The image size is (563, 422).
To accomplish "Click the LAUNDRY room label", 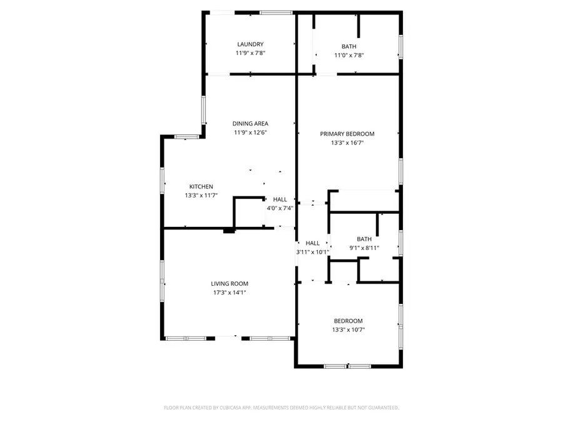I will pos(250,44).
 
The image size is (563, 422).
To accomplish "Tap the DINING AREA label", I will pos(250,124).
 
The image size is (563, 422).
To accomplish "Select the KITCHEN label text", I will pos(201,187).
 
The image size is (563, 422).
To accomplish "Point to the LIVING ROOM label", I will pos(228,284).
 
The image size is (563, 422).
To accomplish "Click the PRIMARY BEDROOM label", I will pos(347,134).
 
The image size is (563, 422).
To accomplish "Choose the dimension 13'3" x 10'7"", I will pos(348,330).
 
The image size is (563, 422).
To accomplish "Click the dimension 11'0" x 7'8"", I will pos(348,55).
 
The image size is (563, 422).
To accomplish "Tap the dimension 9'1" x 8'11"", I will pos(363,248).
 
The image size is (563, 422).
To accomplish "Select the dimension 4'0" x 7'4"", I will pos(280,208).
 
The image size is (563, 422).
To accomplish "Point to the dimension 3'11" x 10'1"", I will pos(312,252).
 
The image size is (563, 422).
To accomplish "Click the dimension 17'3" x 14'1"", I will pos(228,293).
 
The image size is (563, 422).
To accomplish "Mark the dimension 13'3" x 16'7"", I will pos(347,143).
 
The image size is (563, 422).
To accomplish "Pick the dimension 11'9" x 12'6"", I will pos(250,133).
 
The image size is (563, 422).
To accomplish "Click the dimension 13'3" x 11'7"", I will pos(201,196).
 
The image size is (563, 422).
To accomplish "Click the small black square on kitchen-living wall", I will pos(229,231).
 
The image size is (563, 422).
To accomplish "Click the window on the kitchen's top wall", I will pos(186,137).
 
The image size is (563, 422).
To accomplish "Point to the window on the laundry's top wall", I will pos(276,12).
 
